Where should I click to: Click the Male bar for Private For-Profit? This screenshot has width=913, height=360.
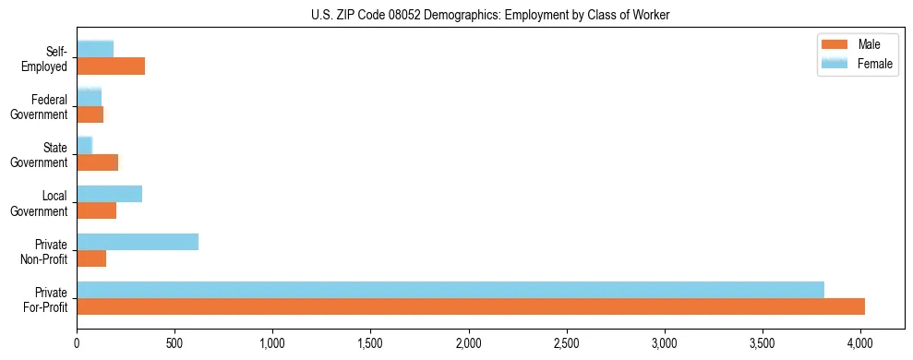tap(471, 306)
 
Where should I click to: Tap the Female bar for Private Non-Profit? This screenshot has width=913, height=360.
tap(138, 242)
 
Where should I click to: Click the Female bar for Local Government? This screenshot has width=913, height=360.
tap(109, 194)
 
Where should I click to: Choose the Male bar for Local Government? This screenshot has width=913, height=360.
tap(97, 210)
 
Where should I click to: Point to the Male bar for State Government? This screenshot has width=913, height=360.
tap(98, 162)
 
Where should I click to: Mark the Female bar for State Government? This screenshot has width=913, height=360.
tap(85, 146)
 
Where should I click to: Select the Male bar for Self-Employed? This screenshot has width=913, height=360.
tap(111, 66)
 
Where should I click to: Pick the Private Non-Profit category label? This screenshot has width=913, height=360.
tap(45, 251)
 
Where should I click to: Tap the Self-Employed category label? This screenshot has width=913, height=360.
tap(49, 59)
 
